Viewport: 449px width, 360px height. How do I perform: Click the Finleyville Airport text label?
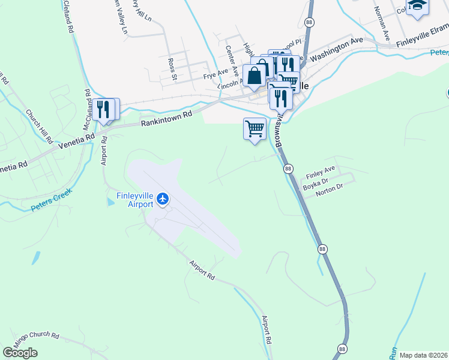pyautogui.click(x=131, y=199)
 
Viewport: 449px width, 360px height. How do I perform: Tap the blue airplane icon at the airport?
pyautogui.click(x=163, y=199)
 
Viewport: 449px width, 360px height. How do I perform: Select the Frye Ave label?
pyautogui.click(x=213, y=76)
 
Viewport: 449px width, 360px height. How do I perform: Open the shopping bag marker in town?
pyautogui.click(x=255, y=76)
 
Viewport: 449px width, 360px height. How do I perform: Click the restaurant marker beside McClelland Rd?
pyautogui.click(x=104, y=110)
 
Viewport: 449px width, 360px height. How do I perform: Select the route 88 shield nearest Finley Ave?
pyautogui.click(x=288, y=169)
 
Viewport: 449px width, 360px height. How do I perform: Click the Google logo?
pyautogui.click(x=20, y=353)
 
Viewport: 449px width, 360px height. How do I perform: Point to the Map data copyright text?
pyautogui.click(x=423, y=355)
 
